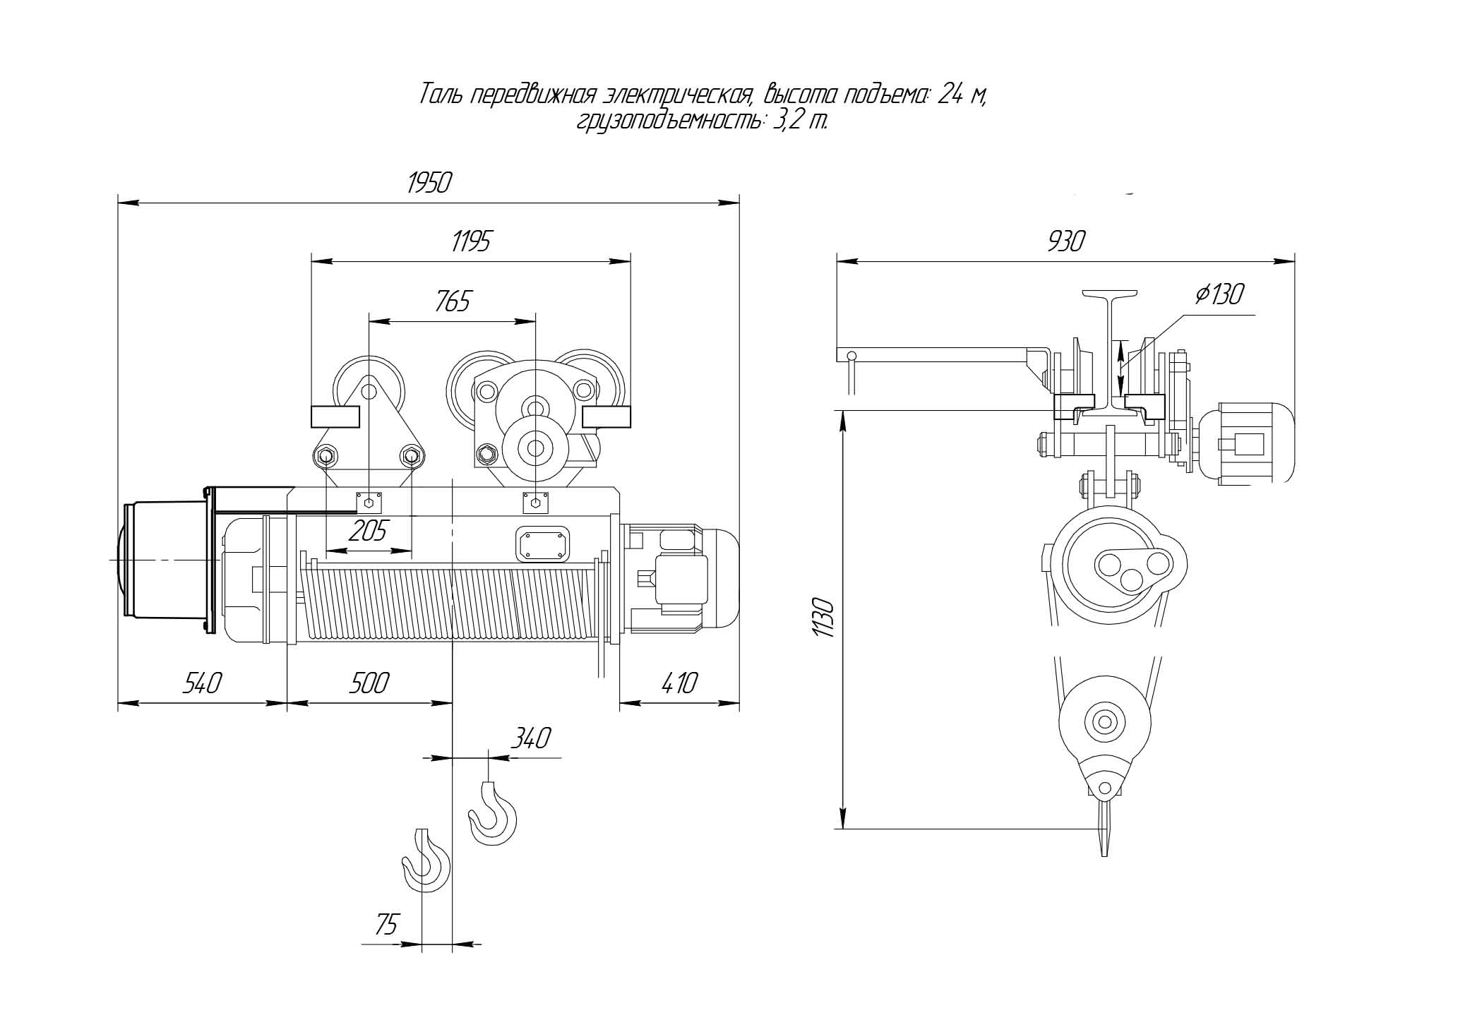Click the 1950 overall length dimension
click(429, 183)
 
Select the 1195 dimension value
click(471, 241)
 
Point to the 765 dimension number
click(453, 301)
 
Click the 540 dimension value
click(203, 683)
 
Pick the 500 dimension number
click(369, 683)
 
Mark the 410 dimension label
click(679, 683)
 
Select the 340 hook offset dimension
click(530, 738)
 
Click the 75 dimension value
click(386, 924)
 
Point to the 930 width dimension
click(1065, 241)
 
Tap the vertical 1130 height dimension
click(824, 618)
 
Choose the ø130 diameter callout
click(1219, 294)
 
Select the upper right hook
click(492, 812)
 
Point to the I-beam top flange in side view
click(1110, 294)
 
